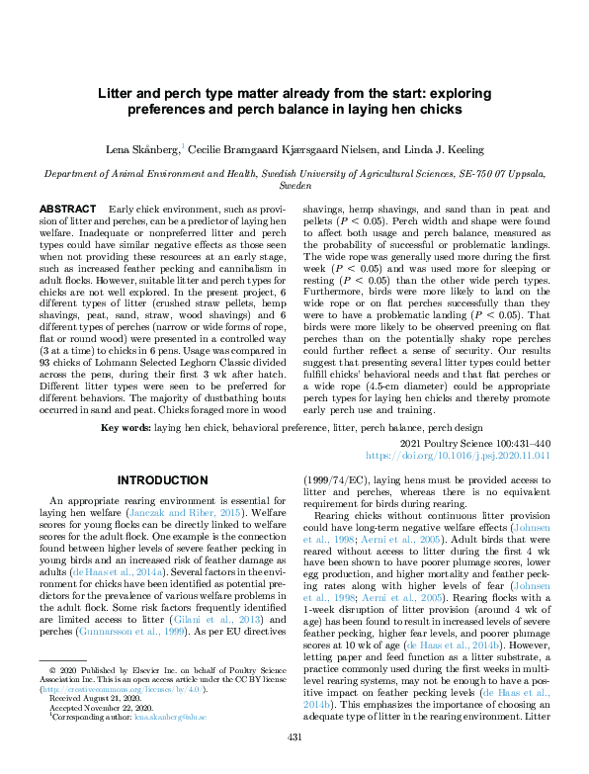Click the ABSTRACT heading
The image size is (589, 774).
(x=67, y=210)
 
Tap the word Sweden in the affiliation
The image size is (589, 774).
(x=294, y=184)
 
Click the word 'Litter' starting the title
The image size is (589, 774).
(x=116, y=91)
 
